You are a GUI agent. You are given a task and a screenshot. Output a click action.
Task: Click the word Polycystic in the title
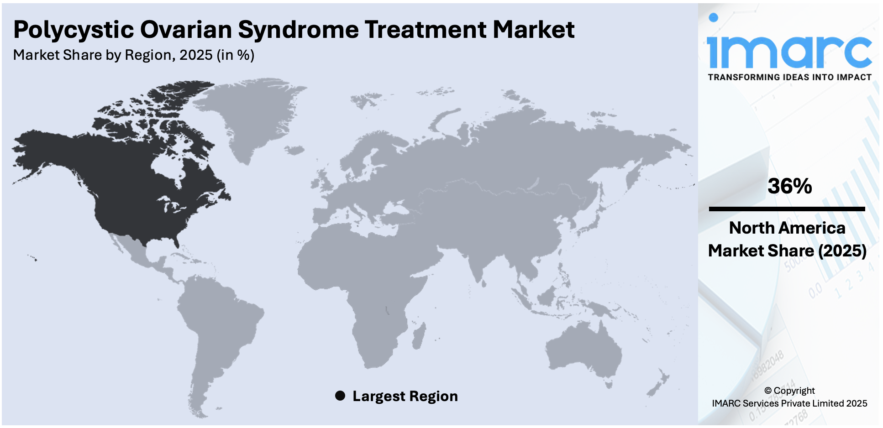(x=73, y=30)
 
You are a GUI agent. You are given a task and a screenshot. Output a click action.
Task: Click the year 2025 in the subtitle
(x=196, y=55)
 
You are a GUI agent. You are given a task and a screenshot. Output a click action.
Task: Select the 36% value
(x=789, y=186)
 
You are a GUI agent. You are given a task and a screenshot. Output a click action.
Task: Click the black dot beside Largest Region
(x=340, y=396)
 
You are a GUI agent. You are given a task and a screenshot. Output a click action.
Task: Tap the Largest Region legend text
(x=405, y=396)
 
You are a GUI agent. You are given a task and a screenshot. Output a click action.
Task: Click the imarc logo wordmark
(x=789, y=51)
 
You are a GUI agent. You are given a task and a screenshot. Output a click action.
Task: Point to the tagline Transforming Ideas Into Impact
(x=789, y=77)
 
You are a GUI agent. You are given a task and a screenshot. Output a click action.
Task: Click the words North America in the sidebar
(x=787, y=228)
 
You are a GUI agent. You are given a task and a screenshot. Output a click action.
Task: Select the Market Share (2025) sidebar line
(x=787, y=251)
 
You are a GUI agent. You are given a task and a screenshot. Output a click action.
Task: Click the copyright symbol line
(x=789, y=391)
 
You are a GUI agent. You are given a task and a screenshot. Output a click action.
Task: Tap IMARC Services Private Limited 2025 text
(x=789, y=403)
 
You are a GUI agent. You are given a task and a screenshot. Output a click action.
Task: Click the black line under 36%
(x=787, y=209)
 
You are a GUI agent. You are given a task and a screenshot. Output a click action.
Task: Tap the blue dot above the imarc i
(x=713, y=18)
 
